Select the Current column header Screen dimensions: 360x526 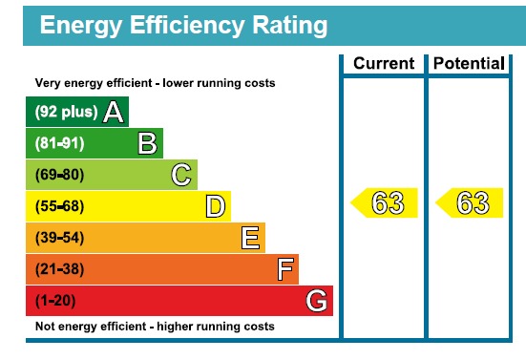pyautogui.click(x=384, y=64)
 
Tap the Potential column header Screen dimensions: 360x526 pyautogui.click(x=468, y=64)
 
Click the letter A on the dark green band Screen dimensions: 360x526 pyautogui.click(x=114, y=113)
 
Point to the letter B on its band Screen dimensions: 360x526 pyautogui.click(x=147, y=144)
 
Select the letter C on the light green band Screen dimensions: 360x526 pyautogui.click(x=181, y=175)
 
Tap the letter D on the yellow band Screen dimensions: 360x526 pyautogui.click(x=216, y=206)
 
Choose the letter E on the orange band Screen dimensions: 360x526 pyautogui.click(x=250, y=238)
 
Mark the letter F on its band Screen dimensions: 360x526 pyautogui.click(x=284, y=269)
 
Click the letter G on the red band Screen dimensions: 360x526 pyautogui.click(x=318, y=301)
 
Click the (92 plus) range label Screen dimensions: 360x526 pyautogui.click(x=66, y=113)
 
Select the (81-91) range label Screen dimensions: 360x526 pyautogui.click(x=60, y=144)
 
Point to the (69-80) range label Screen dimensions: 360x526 pyautogui.click(x=60, y=176)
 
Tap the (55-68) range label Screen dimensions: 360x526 pyautogui.click(x=60, y=206)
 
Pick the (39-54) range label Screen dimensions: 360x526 pyautogui.click(x=60, y=238)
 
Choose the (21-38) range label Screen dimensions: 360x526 pyautogui.click(x=60, y=269)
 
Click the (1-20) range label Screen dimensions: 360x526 pyautogui.click(x=56, y=301)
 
